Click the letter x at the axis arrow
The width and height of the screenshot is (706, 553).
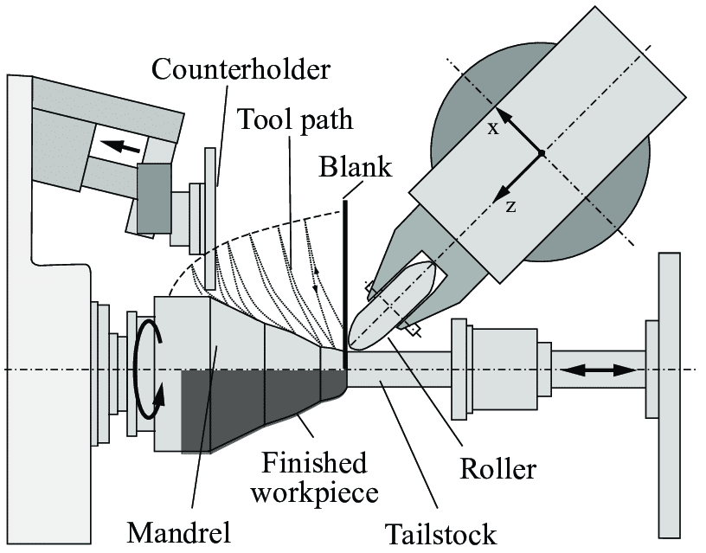tap(492, 128)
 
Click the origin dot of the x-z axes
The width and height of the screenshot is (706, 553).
tap(541, 153)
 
